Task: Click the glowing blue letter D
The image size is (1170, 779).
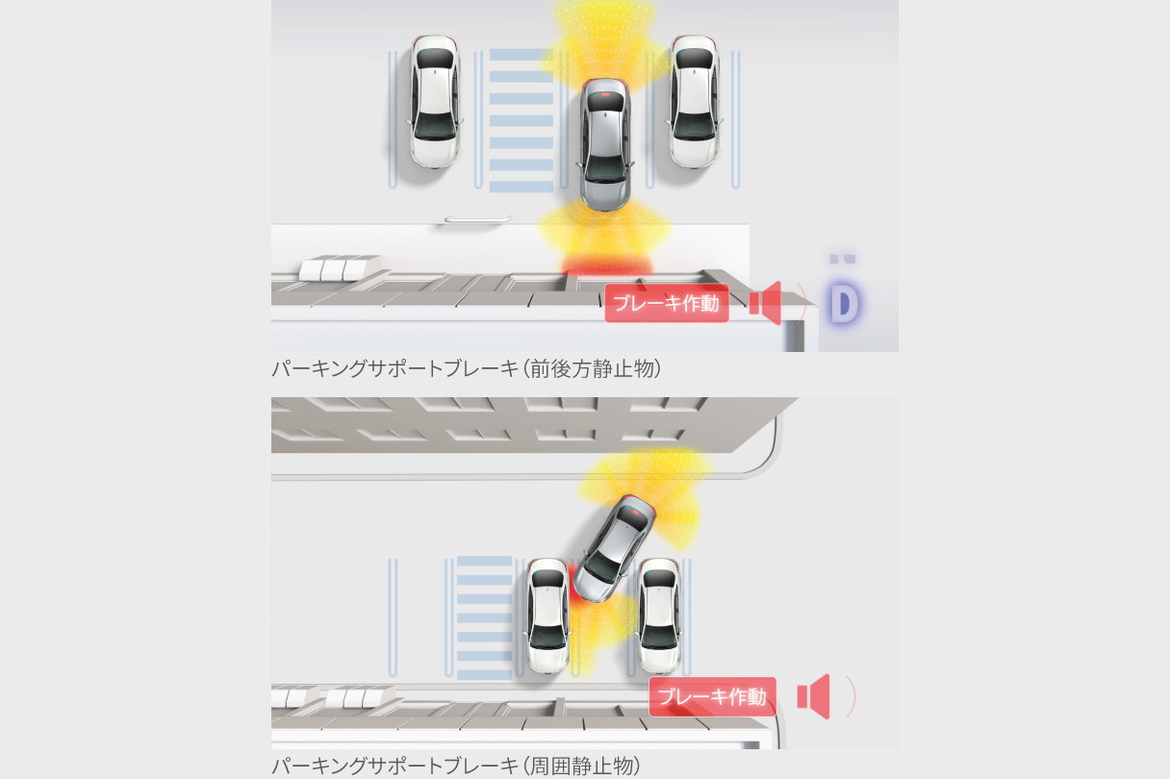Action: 844,303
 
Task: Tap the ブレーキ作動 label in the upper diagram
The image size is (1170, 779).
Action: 667,303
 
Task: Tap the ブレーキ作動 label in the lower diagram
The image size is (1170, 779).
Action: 712,696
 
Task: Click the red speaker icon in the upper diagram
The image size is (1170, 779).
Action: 766,303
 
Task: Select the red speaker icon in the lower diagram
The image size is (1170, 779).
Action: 814,696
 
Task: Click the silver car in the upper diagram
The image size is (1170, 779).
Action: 605,144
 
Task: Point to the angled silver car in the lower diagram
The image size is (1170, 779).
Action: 614,548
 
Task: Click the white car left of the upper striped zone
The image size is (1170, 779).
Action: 435,102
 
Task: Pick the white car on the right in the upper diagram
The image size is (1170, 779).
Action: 694,102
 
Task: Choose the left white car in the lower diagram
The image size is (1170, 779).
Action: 547,616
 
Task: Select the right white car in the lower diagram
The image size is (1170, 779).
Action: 659,616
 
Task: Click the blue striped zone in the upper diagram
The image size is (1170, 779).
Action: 521,120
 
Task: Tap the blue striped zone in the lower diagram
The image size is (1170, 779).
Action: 484,617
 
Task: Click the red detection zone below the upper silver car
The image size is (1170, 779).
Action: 606,265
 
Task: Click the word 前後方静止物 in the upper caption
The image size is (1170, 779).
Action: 592,368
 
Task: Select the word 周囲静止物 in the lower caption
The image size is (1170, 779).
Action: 581,766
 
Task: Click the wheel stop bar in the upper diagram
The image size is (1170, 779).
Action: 478,218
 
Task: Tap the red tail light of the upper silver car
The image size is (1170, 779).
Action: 606,94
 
